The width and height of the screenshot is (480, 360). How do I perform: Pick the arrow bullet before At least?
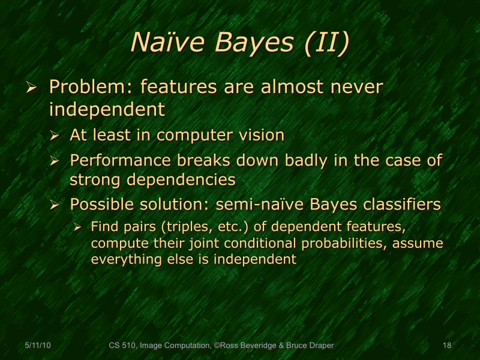(55, 136)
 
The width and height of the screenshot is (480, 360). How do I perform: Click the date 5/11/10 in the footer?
(37, 346)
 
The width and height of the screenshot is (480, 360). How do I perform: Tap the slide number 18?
(446, 346)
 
